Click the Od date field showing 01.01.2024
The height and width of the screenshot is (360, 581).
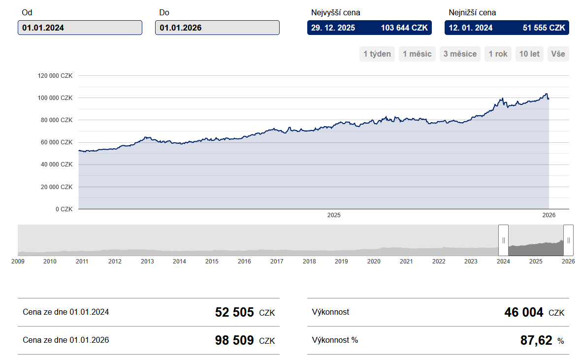[x=80, y=28]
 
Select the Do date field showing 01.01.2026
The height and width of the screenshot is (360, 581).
[x=217, y=28]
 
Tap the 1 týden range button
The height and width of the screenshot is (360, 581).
[x=377, y=54]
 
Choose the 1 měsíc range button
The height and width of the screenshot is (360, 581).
[x=417, y=54]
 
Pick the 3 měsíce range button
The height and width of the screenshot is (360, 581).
[x=460, y=54]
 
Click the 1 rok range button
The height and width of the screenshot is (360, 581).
[x=498, y=54]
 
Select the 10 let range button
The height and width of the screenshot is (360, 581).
[x=529, y=54]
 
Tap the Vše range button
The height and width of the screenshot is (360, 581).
[x=558, y=54]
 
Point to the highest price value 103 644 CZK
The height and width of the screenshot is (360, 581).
[x=404, y=28]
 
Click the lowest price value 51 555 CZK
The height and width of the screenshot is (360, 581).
[x=544, y=28]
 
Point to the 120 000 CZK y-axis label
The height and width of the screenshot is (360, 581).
[x=55, y=76]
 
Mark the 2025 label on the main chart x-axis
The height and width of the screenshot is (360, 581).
[x=334, y=215]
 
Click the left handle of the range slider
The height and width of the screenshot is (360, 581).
[x=503, y=240]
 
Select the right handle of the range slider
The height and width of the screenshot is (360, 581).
[x=568, y=240]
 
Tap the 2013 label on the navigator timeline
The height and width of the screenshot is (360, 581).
[x=147, y=262]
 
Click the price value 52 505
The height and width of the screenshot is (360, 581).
[x=234, y=312]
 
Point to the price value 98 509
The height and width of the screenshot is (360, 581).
[x=234, y=340]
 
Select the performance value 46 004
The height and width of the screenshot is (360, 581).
[x=524, y=312]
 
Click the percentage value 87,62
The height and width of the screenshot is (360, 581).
[x=536, y=340]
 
